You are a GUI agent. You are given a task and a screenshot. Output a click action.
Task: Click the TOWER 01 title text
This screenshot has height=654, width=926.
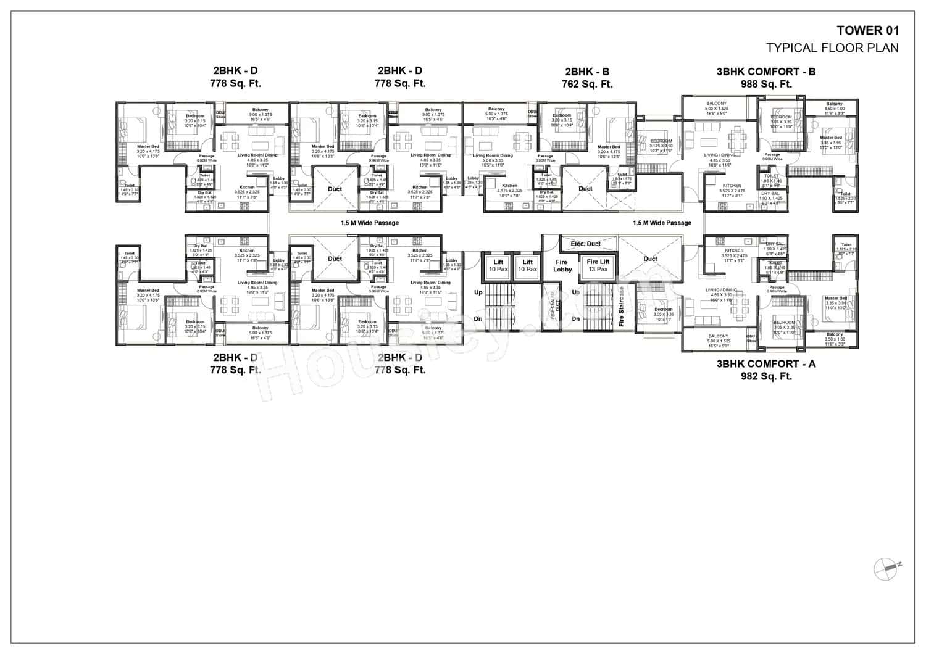tap(867, 30)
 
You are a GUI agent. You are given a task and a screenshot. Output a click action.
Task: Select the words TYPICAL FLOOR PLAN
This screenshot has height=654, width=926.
tap(832, 48)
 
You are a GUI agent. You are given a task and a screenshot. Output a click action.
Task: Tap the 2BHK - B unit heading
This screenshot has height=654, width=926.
tap(586, 72)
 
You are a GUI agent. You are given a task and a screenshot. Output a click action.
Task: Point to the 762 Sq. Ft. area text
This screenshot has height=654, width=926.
tap(586, 84)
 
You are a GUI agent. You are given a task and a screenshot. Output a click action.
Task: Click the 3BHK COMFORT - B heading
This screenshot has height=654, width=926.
tap(765, 72)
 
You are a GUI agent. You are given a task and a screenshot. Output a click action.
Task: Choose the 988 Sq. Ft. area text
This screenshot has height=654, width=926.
tap(765, 84)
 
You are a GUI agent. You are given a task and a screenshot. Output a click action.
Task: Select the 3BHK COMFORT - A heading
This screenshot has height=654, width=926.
tap(765, 364)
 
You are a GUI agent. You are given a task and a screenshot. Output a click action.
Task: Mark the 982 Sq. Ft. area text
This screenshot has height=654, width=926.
tap(765, 376)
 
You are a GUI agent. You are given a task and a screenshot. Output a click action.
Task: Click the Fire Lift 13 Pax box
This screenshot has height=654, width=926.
tap(598, 265)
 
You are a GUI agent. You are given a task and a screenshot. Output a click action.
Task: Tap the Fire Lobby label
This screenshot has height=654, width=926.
tap(562, 265)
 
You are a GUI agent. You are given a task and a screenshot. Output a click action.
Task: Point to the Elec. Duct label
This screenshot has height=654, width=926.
tap(585, 244)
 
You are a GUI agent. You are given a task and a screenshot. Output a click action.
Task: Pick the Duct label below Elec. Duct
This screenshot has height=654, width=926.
tap(650, 259)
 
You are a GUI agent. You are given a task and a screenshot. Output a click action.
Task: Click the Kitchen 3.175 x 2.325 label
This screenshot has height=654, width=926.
tap(509, 188)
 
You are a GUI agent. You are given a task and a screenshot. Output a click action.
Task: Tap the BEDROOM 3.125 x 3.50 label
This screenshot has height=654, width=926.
tap(661, 146)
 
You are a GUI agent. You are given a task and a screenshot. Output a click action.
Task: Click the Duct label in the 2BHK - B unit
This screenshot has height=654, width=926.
tap(585, 189)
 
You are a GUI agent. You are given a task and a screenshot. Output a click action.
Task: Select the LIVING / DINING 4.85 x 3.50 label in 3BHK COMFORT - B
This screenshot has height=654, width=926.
tap(720, 160)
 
